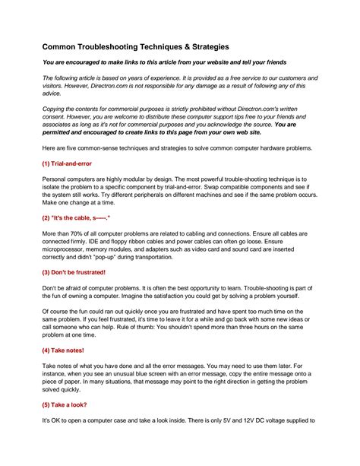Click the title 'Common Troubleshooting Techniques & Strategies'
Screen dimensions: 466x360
(x=133, y=46)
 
